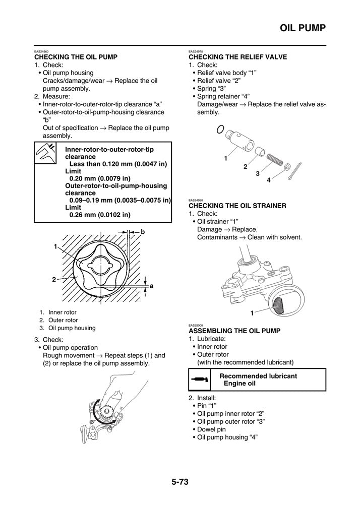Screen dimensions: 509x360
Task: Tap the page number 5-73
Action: (x=180, y=482)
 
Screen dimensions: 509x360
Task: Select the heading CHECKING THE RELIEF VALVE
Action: (x=237, y=57)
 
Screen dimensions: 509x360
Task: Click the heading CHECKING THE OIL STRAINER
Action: (x=237, y=206)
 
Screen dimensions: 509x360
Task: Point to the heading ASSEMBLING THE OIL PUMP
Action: (x=234, y=331)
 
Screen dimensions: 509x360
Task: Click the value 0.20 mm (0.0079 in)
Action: (x=100, y=178)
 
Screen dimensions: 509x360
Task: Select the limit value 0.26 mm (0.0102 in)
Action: (x=100, y=214)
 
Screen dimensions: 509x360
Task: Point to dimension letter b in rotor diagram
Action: (x=143, y=232)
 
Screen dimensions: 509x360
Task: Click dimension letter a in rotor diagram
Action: (x=151, y=286)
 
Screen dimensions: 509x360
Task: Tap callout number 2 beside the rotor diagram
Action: (x=53, y=279)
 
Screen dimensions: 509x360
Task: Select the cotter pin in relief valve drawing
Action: (x=296, y=172)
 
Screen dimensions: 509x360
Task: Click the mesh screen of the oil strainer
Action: (x=278, y=303)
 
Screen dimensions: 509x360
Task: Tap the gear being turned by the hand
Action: (x=107, y=413)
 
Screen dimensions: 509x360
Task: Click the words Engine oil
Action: (x=239, y=384)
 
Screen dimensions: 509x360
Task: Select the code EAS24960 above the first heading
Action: (x=41, y=52)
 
